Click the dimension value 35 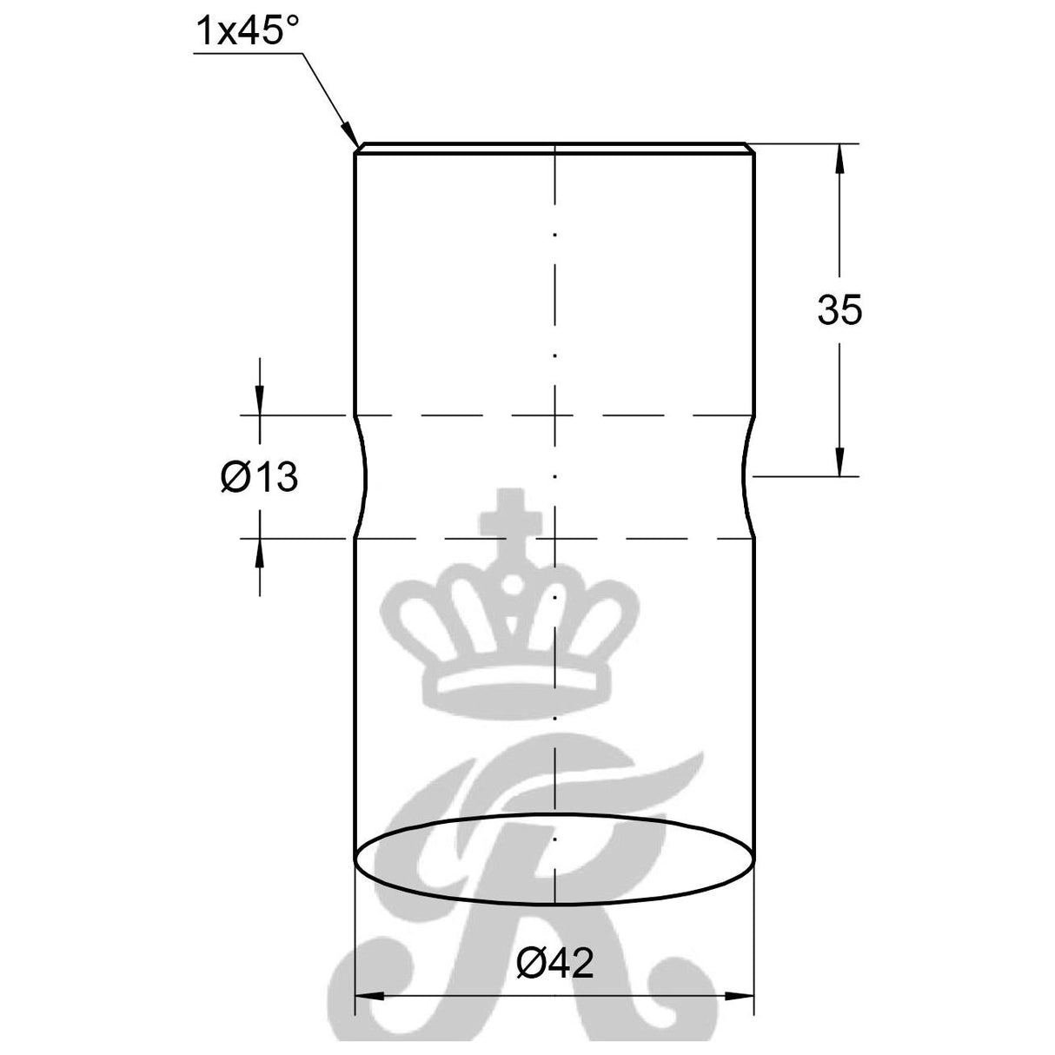[x=839, y=310]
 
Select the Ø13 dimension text [x=259, y=477]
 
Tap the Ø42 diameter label [x=554, y=963]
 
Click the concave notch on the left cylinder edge [x=363, y=476]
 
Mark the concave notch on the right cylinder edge [x=746, y=476]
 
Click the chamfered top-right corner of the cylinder [x=750, y=149]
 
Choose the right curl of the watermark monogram [x=669, y=991]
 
